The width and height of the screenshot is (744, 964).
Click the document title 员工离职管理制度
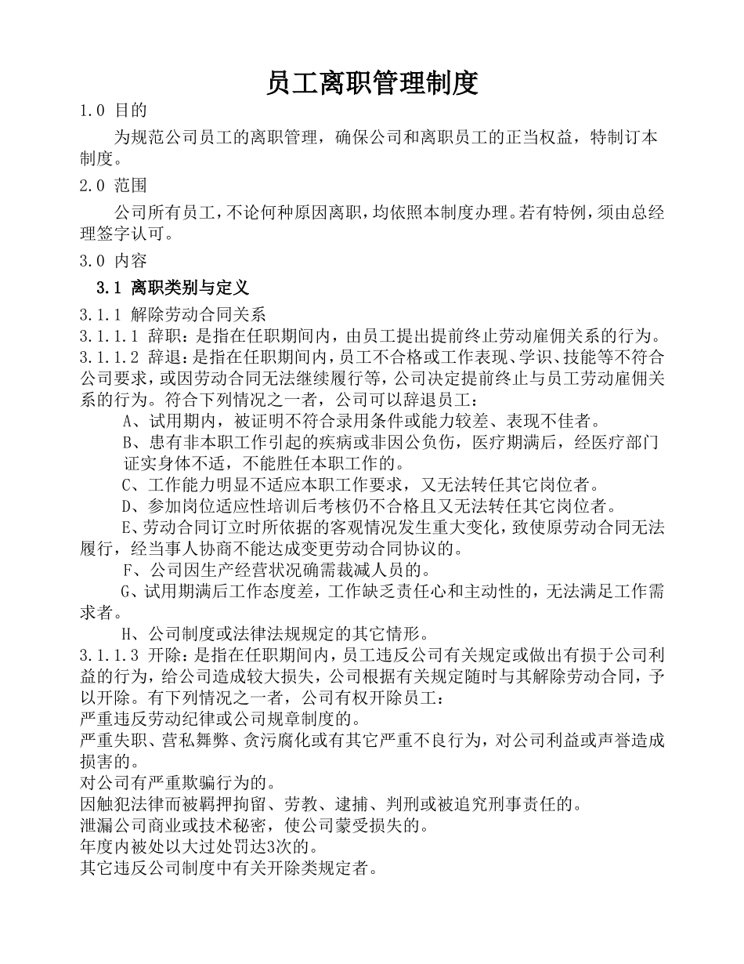point(372,82)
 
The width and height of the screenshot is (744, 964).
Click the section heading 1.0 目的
point(114,111)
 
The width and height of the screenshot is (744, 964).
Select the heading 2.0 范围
point(114,186)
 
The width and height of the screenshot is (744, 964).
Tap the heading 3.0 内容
point(114,260)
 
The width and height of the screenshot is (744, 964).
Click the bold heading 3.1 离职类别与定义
point(172,287)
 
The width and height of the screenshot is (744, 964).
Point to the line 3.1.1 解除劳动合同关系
point(173,315)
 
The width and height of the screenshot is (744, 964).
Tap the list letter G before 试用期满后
point(125,590)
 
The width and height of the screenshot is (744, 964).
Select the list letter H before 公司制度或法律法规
point(126,632)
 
